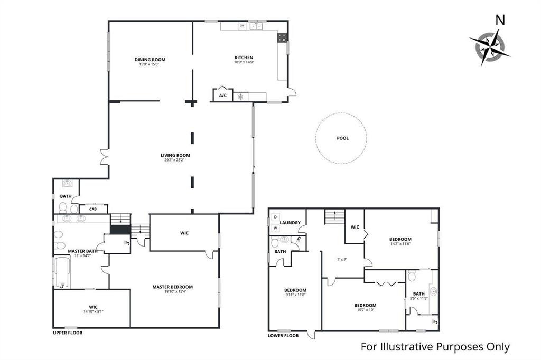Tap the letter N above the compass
[x=499, y=20]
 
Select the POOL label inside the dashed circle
[x=343, y=138]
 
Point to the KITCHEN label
[x=244, y=58]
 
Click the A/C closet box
[x=222, y=96]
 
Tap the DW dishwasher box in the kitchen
[x=242, y=25]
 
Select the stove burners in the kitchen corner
[x=283, y=37]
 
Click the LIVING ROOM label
[x=175, y=155]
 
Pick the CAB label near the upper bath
[x=93, y=209]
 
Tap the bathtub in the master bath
[x=62, y=273]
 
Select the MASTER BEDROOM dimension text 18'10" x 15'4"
[x=172, y=292]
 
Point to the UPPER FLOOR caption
[x=68, y=333]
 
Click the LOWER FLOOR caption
[x=284, y=336]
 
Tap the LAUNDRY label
[x=290, y=223]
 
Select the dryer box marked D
[x=275, y=217]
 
